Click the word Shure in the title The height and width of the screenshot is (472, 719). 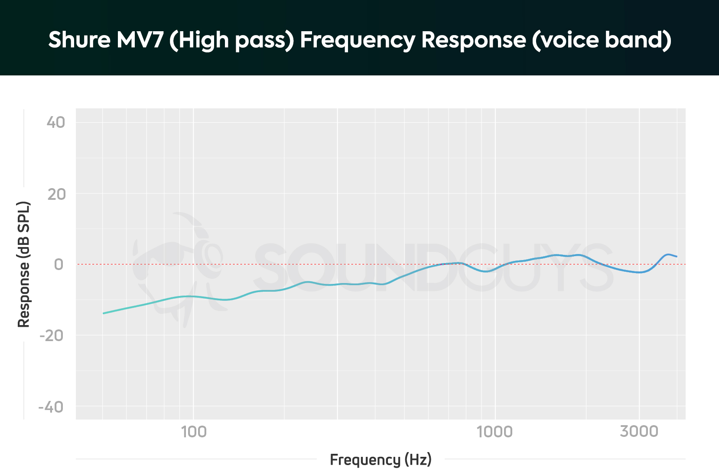(x=79, y=39)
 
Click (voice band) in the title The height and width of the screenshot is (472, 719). (x=601, y=40)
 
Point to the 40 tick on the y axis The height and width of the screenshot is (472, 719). (x=56, y=123)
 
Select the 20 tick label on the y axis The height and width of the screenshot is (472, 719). (x=56, y=194)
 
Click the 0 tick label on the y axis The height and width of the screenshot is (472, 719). (x=59, y=264)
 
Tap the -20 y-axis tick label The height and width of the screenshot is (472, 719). (x=52, y=335)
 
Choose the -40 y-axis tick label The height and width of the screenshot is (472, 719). (x=51, y=407)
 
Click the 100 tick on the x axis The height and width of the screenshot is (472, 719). (x=193, y=432)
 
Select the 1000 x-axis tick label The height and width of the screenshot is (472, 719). (x=495, y=432)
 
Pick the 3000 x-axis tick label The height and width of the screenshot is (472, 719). (x=639, y=432)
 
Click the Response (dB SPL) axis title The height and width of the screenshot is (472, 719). (x=23, y=264)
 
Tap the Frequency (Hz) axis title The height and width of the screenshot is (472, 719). (x=381, y=459)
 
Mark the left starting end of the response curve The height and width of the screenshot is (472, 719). (x=104, y=313)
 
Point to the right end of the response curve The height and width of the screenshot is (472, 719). (x=676, y=257)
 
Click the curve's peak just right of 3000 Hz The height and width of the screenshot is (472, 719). (x=668, y=254)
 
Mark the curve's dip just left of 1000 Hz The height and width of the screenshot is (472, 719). (x=487, y=271)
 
